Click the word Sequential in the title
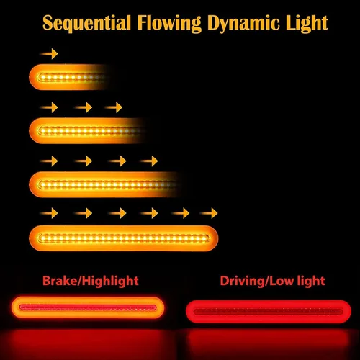(86, 23)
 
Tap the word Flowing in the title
(169, 24)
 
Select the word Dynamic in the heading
(243, 24)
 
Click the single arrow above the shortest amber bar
(49, 53)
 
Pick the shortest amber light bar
(70, 77)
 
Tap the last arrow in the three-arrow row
(113, 107)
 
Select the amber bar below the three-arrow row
(88, 131)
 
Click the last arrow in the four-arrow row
(149, 161)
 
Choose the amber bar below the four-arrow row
(106, 184)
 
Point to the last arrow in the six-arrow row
(208, 213)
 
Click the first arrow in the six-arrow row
(49, 213)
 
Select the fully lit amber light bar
(124, 238)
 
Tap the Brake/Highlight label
(91, 281)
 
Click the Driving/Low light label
(272, 281)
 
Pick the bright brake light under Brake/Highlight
(88, 307)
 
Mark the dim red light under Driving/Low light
(269, 312)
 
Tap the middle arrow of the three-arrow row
(84, 107)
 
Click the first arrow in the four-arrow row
(49, 161)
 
